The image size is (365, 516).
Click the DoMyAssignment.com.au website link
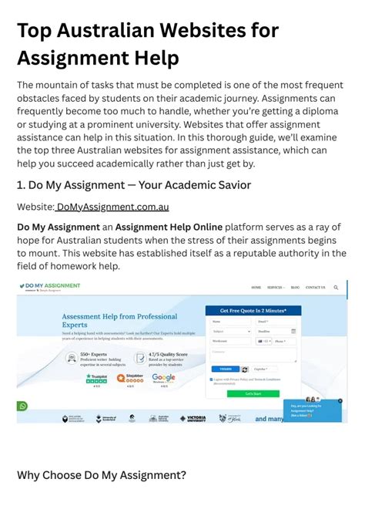point(112,207)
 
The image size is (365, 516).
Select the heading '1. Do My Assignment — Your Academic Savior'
point(134,185)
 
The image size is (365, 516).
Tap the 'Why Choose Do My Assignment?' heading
point(102,475)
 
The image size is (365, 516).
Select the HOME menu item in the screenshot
point(256,288)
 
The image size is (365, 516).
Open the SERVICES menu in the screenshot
point(275,288)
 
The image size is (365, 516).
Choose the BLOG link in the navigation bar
point(295,288)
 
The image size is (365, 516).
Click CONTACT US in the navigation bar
point(315,288)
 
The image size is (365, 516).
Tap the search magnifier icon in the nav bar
point(336,288)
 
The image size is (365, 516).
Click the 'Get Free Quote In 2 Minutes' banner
point(253,310)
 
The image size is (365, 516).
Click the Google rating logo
point(163,378)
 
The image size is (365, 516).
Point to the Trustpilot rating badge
point(96,379)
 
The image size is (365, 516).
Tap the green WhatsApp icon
point(22,406)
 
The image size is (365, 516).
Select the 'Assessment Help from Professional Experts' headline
point(119,321)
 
